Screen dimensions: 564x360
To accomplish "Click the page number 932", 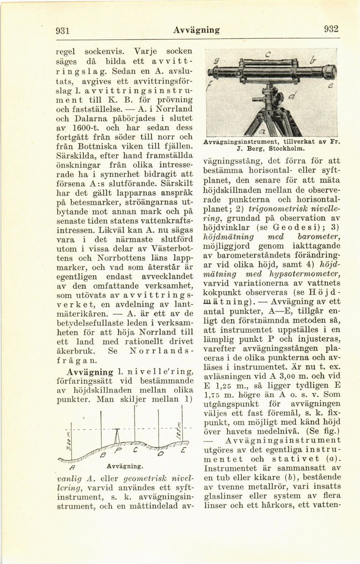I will point(331,28).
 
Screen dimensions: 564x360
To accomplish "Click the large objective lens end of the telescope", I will point(328,73).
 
